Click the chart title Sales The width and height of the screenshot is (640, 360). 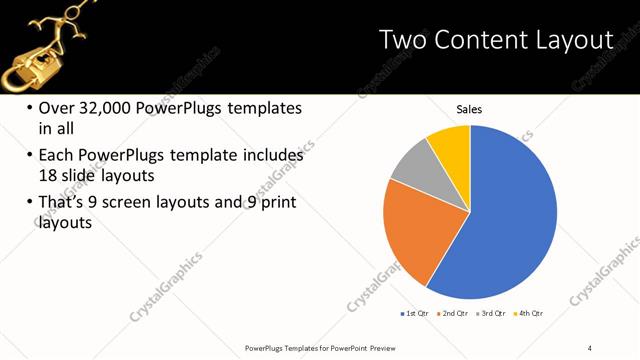(469, 109)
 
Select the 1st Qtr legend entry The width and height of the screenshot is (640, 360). (416, 314)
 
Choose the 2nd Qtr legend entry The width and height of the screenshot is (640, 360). (454, 314)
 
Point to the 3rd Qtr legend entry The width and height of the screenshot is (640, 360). (491, 314)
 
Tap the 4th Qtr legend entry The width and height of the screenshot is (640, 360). (528, 314)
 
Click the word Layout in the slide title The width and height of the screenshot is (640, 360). (577, 40)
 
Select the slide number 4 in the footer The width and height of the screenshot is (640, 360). (590, 347)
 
